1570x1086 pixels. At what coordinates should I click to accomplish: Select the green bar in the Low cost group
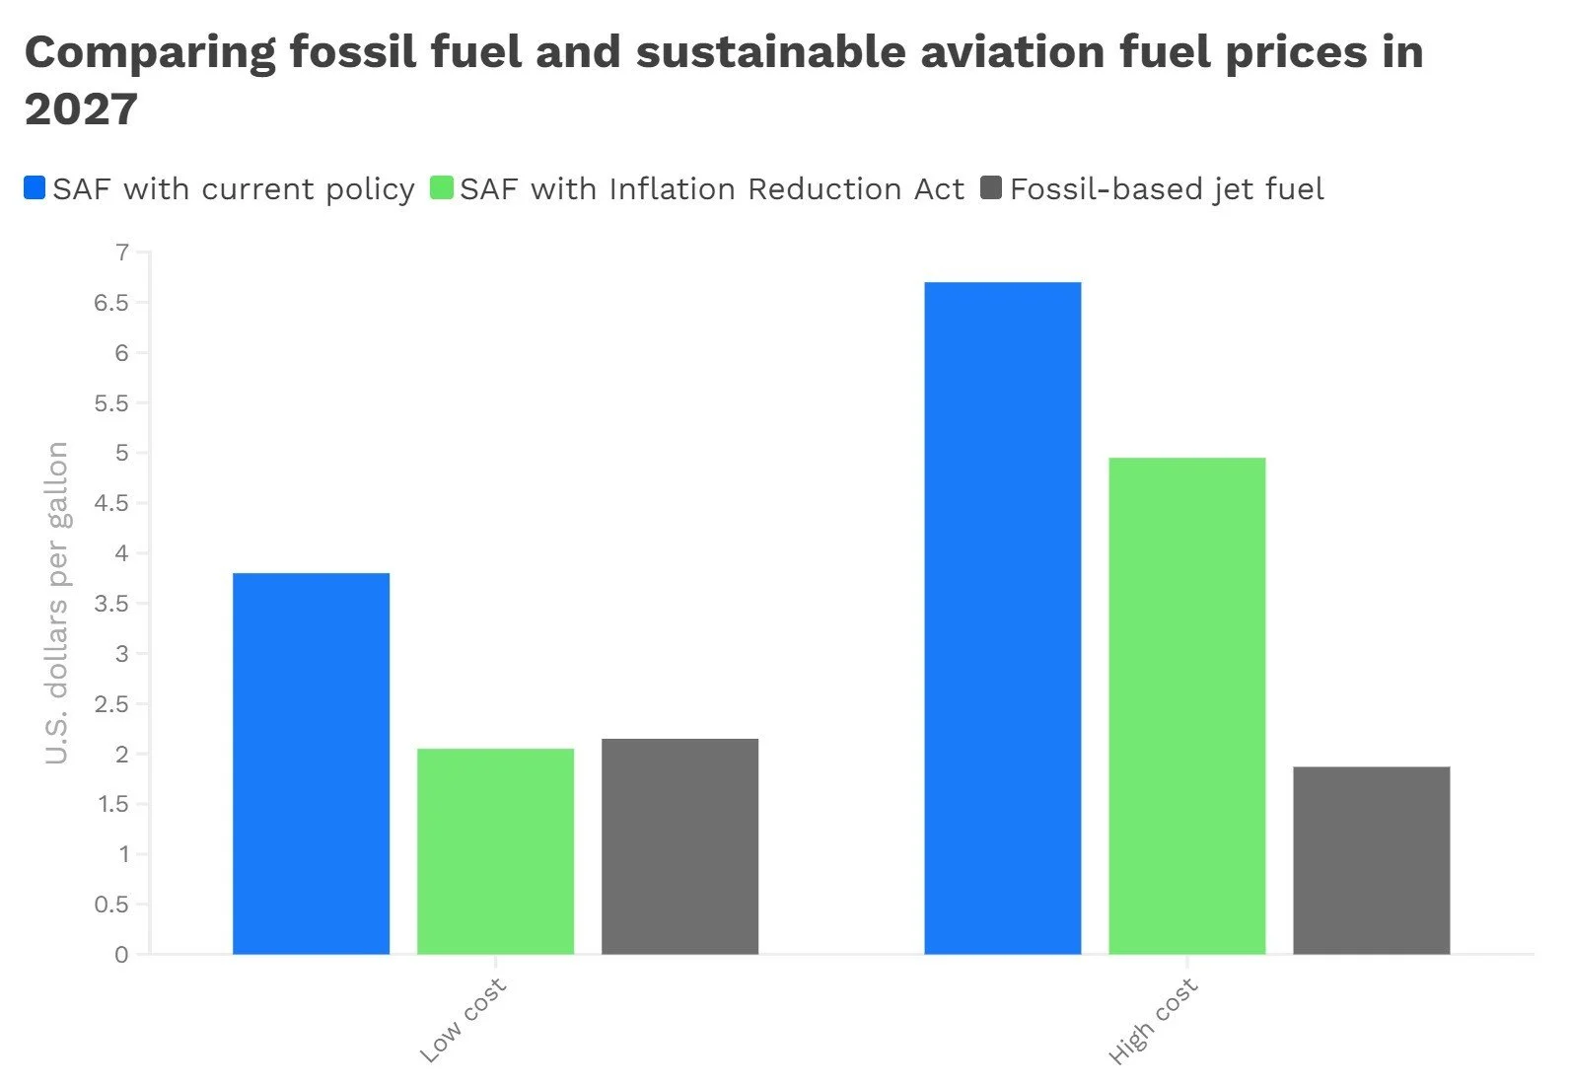point(495,850)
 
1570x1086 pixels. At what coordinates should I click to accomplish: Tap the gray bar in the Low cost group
point(679,845)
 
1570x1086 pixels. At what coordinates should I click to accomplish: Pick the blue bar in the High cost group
point(1002,617)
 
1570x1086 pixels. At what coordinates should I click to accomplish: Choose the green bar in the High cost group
point(1186,705)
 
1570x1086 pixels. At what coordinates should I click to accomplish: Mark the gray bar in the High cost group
point(1371,859)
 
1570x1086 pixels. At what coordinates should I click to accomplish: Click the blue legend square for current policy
point(35,187)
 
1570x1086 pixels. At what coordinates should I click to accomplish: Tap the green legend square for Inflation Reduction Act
point(441,187)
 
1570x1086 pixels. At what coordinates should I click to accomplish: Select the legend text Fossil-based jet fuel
point(1166,188)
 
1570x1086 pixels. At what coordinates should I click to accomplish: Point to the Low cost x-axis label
point(463,1020)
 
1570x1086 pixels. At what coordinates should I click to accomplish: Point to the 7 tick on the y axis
point(122,253)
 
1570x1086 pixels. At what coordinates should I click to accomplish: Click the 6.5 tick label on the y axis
point(111,303)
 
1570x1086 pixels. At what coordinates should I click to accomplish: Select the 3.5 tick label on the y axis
point(111,604)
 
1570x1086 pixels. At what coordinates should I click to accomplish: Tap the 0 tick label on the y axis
point(121,954)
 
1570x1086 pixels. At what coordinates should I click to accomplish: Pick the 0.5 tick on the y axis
point(111,905)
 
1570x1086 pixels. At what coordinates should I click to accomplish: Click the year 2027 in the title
point(81,109)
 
